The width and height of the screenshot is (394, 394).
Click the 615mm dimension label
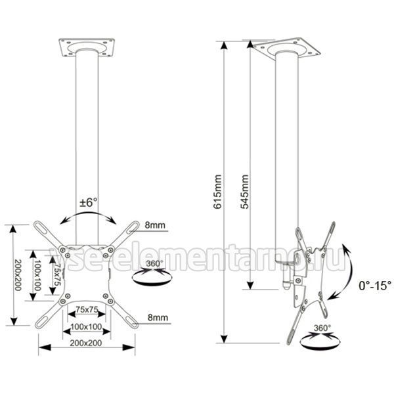pos(217,192)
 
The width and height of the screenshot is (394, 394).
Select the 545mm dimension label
pos(244,192)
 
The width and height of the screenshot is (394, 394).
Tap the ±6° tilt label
pos(89,202)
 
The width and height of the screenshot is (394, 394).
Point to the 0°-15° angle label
pos(375,286)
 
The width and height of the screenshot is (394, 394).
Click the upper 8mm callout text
pos(155,225)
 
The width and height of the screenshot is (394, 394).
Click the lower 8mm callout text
pos(158,317)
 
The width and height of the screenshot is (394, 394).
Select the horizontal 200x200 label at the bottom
pos(86,343)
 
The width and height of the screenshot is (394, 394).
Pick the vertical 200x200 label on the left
pos(17,275)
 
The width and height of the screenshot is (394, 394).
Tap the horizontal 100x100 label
pos(86,326)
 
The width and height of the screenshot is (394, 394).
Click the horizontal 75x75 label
pos(87,310)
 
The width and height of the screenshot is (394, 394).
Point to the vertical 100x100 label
pos(37,275)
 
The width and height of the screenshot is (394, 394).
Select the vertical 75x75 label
pos(58,274)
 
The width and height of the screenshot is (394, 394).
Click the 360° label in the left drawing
pos(154,263)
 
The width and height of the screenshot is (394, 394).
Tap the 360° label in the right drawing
pos(322,328)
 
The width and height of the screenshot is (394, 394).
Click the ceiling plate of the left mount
pos(87,47)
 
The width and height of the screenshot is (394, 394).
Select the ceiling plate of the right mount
pos(286,49)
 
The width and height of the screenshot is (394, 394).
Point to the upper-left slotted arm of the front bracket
pos(47,234)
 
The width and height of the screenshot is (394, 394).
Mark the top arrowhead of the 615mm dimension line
pos(225,45)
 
